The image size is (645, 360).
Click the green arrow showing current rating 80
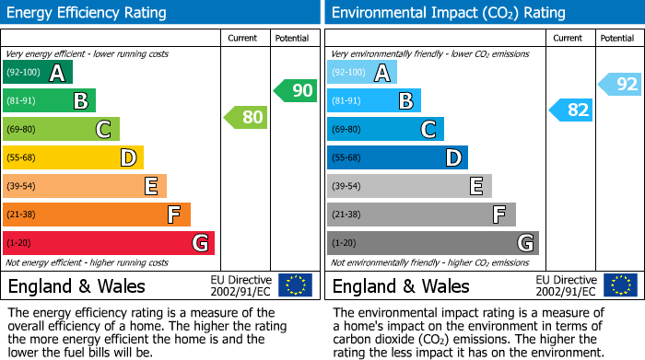click(245, 117)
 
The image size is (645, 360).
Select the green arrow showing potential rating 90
click(295, 90)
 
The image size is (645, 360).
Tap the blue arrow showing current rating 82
click(570, 110)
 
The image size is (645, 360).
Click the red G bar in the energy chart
click(109, 243)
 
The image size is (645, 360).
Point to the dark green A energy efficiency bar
click(38, 73)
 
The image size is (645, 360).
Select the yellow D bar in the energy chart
click(73, 157)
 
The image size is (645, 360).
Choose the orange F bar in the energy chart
click(97, 215)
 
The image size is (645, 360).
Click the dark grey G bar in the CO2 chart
click(432, 243)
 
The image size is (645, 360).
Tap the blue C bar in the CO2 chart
click(385, 129)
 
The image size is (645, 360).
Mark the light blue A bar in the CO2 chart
click(362, 73)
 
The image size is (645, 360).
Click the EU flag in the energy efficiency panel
click(295, 285)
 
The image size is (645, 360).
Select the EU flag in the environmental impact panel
click(620, 285)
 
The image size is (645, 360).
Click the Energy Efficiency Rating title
click(88, 13)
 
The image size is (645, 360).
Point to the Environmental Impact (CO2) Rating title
click(448, 13)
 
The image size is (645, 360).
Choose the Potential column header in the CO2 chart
click(617, 38)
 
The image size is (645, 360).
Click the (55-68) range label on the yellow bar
click(22, 157)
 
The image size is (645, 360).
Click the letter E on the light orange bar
click(150, 186)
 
